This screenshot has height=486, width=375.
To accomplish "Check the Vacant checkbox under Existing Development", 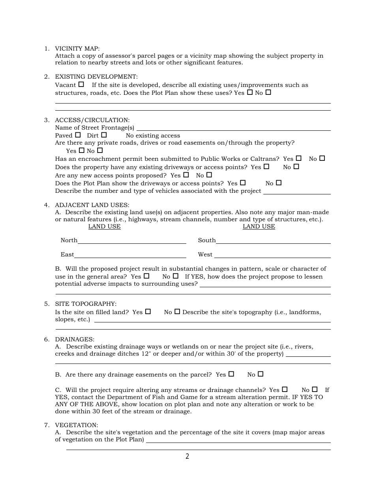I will pos(81,84).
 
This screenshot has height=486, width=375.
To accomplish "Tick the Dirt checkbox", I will pos(104,135).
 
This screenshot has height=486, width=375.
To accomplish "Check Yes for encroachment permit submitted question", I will pos(298,158).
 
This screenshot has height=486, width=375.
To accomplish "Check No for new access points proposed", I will pos(209,175).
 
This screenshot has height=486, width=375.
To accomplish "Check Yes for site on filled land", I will pos(148,311).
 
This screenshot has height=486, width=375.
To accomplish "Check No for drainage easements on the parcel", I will pos(260,374).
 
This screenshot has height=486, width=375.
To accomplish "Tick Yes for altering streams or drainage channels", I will pos(285,389).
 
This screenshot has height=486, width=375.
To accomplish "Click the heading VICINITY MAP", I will pos(77,49).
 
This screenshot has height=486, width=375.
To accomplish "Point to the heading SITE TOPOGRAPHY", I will pos(86,304).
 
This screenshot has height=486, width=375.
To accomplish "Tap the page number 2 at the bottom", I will pos(187,457).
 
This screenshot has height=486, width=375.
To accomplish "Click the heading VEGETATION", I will pos(76,425).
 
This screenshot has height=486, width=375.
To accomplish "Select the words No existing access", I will pos(153,136).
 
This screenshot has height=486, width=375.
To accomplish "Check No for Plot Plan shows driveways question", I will pos(279,183).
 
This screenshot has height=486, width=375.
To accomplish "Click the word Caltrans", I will pos(266,159).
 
